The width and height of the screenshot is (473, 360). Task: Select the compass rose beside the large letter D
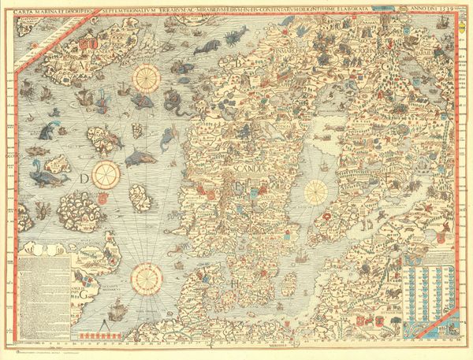(x=106, y=174)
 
